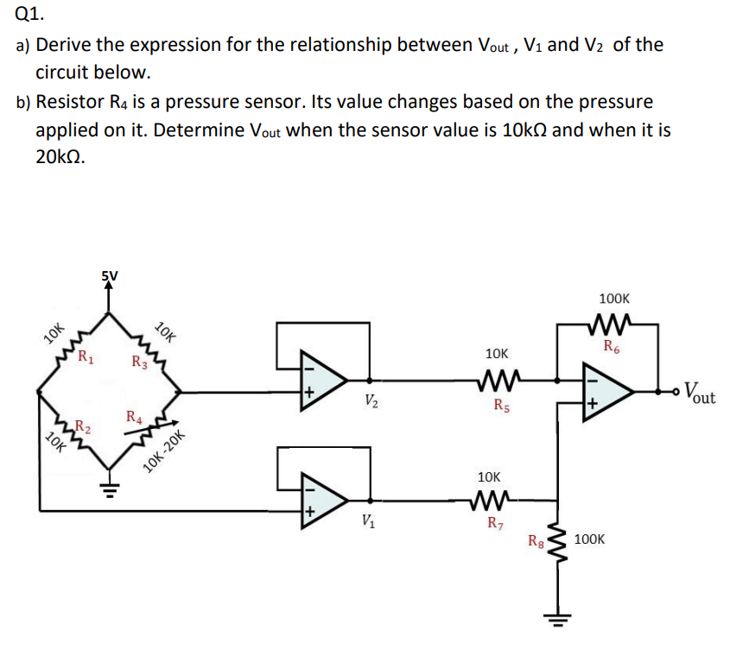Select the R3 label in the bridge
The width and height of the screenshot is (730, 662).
(x=138, y=361)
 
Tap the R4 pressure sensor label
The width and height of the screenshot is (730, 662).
(x=134, y=418)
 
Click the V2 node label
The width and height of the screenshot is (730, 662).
(x=370, y=400)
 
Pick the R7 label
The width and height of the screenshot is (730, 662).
(x=496, y=521)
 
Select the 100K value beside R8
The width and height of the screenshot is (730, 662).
(x=589, y=539)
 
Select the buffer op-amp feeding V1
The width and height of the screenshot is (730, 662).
(x=321, y=499)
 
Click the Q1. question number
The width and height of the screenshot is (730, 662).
(x=29, y=13)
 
